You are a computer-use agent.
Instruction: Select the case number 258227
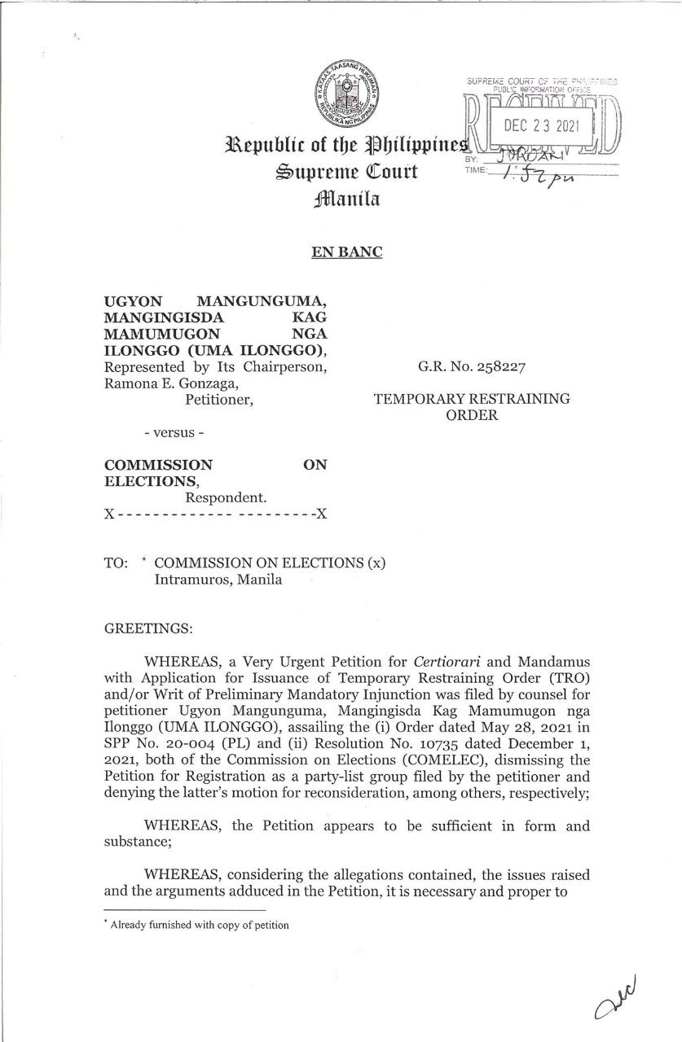(499, 367)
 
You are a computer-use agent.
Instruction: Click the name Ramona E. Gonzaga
(159, 383)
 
